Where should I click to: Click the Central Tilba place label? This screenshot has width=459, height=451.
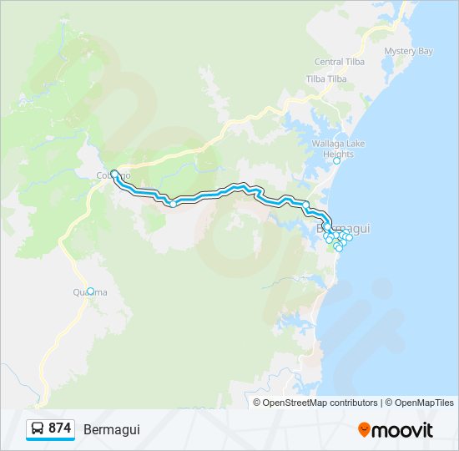340,62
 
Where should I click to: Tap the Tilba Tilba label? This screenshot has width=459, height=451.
326,79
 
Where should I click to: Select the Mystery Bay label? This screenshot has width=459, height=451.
408,51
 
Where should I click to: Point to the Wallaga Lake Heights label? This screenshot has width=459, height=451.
338,149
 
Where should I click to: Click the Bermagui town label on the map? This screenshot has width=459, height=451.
344,227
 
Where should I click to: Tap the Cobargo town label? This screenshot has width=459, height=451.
113,175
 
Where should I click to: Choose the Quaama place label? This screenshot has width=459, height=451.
89,292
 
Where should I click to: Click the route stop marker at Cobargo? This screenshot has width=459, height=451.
114,174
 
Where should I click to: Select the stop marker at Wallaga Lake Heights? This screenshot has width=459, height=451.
337,161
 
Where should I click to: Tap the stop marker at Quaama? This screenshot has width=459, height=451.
91,291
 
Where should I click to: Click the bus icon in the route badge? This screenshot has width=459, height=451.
38,428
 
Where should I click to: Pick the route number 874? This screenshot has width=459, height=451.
59,428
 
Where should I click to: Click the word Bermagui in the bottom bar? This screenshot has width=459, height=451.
112,429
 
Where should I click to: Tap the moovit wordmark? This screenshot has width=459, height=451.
402,430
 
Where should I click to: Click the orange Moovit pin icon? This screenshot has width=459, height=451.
364,429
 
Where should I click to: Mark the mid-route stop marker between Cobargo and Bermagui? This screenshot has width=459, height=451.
173,203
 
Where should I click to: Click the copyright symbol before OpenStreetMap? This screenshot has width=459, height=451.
258,403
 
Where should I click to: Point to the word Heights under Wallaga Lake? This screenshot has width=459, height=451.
338,155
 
